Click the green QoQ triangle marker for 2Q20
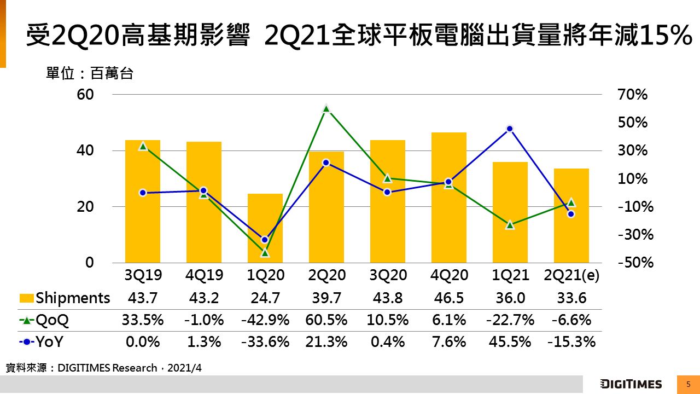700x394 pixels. pyautogui.click(x=326, y=108)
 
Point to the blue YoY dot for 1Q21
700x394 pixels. pyautogui.click(x=510, y=129)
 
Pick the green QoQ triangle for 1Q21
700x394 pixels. pyautogui.click(x=510, y=224)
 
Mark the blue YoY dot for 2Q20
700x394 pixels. pyautogui.click(x=326, y=163)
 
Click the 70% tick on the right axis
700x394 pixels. pyautogui.click(x=633, y=95)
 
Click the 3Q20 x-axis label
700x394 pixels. pyautogui.click(x=387, y=276)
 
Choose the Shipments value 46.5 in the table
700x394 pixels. pyautogui.click(x=448, y=298)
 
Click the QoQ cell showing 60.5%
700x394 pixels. pyautogui.click(x=326, y=320)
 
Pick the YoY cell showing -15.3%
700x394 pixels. pyautogui.click(x=571, y=342)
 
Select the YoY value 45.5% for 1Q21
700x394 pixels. pyautogui.click(x=510, y=342)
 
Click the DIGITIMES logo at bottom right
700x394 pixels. pyautogui.click(x=631, y=384)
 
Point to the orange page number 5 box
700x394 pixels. pyautogui.click(x=688, y=384)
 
